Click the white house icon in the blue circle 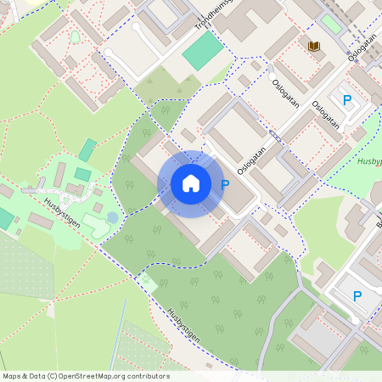pos(191,183)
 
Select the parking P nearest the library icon pos(347,100)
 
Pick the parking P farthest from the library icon pos(357,295)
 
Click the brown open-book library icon pos(314,47)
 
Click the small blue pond pos(113,218)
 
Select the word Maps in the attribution pos(12,376)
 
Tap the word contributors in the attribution pos(147,376)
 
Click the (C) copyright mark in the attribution pos(52,376)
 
